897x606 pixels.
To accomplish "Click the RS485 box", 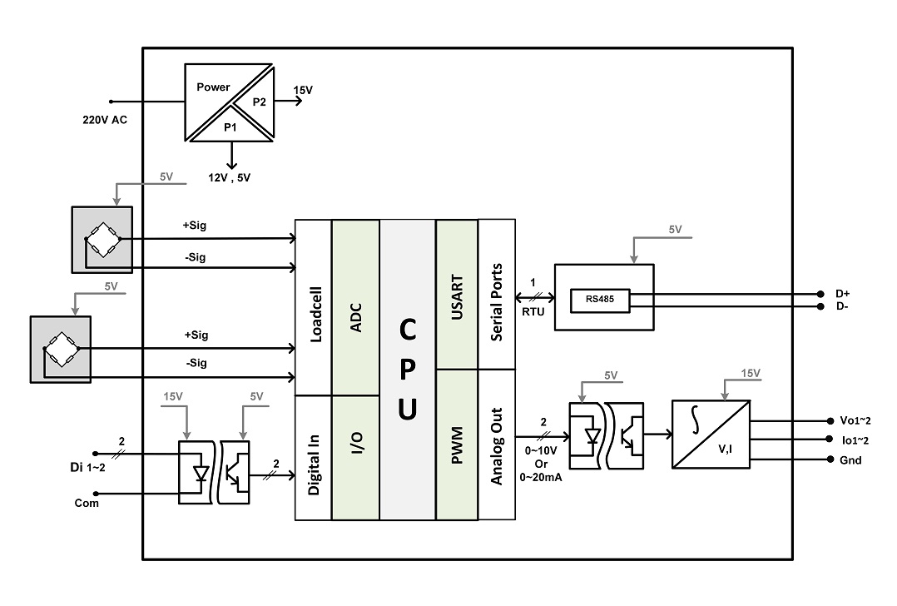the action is point(599,301).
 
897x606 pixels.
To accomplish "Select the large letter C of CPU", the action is point(408,330).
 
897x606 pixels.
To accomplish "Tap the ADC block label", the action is point(356,318).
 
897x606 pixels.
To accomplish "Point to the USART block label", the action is point(457,297).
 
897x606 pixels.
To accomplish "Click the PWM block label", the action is point(457,445).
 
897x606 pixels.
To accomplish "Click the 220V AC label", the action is point(105,120).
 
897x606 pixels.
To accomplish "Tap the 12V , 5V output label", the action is point(229,177).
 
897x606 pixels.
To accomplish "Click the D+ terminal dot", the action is point(821,294).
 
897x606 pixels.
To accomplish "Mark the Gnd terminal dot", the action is point(830,459).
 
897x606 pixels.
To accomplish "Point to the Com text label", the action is point(87,503).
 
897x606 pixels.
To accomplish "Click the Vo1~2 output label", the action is point(855,420).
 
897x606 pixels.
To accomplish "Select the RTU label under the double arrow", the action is point(533,312).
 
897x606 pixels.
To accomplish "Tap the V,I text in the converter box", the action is point(726,450).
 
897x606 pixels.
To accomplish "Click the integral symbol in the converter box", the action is point(695,420).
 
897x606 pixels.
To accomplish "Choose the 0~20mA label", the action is point(541,477).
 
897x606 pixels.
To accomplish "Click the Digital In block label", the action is point(314,464).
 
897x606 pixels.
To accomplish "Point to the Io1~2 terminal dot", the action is point(830,440).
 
